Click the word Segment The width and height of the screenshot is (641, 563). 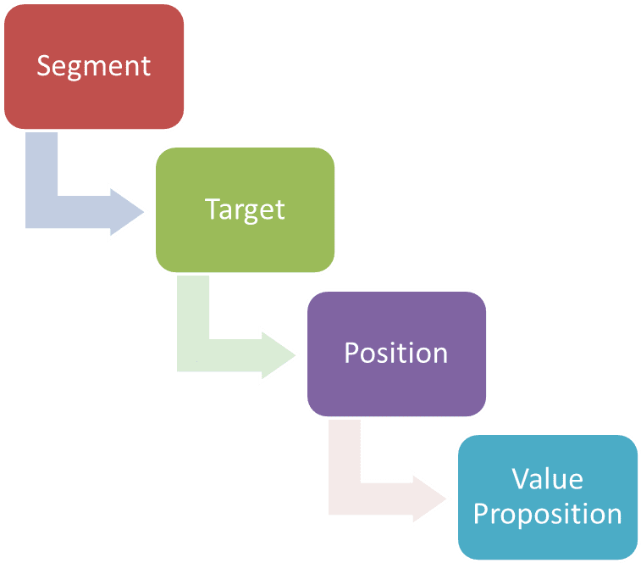[93, 66]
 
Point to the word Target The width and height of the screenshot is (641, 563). [245, 209]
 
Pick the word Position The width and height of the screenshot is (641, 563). [396, 352]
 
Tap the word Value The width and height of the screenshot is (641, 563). [547, 479]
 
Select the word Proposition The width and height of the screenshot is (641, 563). [547, 514]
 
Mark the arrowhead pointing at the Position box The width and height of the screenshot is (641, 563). [279, 354]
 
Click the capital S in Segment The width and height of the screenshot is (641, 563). [43, 66]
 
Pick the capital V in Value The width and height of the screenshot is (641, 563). [520, 479]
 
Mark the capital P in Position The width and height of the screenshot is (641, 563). [351, 352]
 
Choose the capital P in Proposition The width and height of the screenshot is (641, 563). [481, 513]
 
